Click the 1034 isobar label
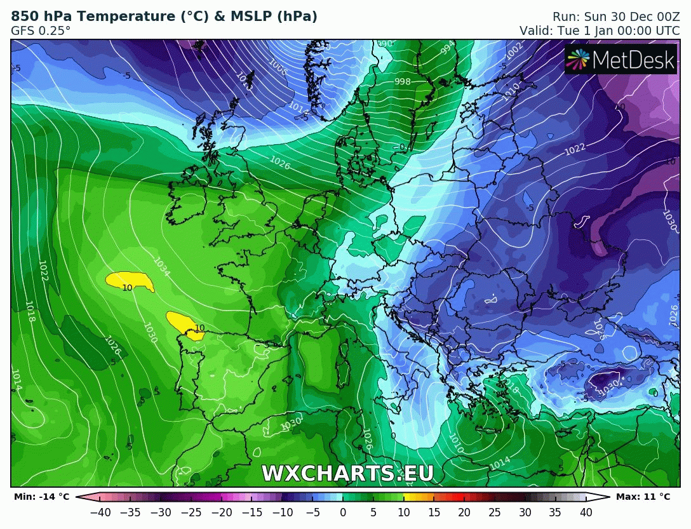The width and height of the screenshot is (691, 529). [x=161, y=267]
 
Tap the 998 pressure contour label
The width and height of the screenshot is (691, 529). [x=403, y=81]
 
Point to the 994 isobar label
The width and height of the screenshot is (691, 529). [x=448, y=47]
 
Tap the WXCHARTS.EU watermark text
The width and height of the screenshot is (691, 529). [x=347, y=473]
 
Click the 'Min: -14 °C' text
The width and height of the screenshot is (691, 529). [x=41, y=497]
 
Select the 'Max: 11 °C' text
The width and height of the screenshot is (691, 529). [x=643, y=497]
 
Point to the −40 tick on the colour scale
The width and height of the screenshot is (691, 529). [x=100, y=512]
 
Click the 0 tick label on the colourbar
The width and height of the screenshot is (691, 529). [x=343, y=512]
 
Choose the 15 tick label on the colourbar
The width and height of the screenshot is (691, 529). [x=434, y=512]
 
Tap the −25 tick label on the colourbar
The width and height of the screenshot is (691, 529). [x=191, y=512]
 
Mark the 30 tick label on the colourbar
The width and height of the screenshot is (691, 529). [x=525, y=512]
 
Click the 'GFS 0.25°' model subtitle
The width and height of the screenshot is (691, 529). [x=41, y=30]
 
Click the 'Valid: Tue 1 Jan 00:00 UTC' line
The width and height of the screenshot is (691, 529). [x=600, y=30]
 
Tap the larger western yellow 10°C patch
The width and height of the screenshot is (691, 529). [x=130, y=280]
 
